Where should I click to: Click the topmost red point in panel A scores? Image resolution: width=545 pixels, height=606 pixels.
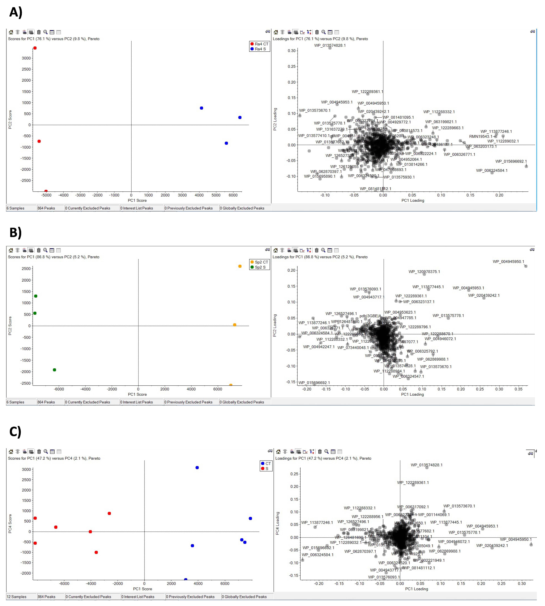coord(35,48)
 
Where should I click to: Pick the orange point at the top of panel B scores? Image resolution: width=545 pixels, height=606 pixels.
coord(240,266)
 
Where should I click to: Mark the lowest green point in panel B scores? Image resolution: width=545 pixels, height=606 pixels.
coord(54,370)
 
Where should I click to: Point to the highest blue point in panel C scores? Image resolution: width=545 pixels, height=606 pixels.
coord(197,468)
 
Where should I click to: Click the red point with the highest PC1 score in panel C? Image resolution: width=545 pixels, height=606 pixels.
coord(109,513)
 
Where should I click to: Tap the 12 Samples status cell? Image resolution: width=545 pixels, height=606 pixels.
coord(17,597)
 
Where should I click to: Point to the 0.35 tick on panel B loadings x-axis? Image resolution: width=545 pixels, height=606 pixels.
coord(518,389)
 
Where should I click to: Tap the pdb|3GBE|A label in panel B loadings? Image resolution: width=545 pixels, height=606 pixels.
coord(370,316)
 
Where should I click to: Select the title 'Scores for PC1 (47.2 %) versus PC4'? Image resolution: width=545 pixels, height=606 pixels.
coord(54,458)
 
